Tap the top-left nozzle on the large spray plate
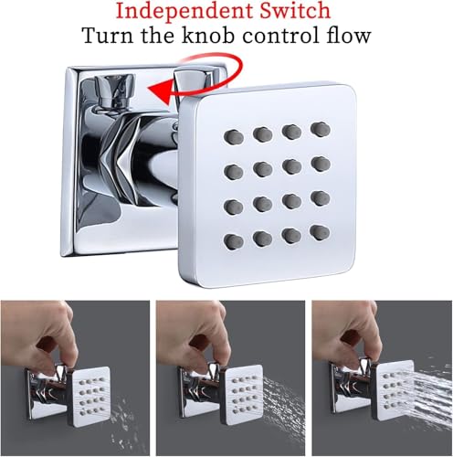pos(234,137)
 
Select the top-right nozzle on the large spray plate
pos(321,129)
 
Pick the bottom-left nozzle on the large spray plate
pos(234,242)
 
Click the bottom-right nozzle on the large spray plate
pos(320,233)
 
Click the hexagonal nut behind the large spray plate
pos(121,162)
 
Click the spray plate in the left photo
pos(90,396)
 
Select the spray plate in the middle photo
pos(243,395)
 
